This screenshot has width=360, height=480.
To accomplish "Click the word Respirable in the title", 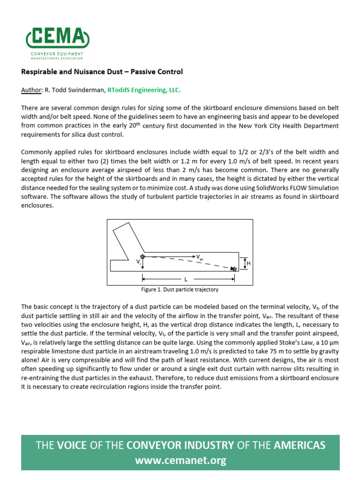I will tap(39, 72).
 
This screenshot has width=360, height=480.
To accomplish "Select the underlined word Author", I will tap(31, 90).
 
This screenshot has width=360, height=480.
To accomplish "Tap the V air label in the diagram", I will tap(199, 257).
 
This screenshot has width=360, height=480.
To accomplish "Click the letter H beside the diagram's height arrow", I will tap(248, 263).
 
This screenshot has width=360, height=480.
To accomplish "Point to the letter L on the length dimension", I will tap(186, 279).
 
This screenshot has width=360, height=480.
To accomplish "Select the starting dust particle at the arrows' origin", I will tap(142, 256).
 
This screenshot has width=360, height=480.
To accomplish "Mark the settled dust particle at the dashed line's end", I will tap(234, 268).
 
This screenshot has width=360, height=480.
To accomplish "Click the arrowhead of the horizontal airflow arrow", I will tap(193, 256).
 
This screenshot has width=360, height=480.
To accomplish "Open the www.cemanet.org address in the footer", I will tap(180, 461).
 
